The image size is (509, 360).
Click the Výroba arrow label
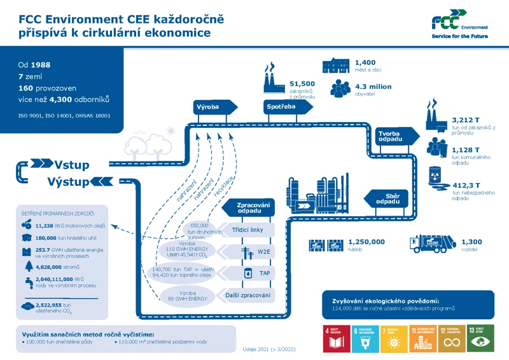point(210,107)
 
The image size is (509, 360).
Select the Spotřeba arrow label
point(281,107)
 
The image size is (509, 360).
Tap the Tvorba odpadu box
point(393,136)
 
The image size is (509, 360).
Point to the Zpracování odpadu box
point(251,208)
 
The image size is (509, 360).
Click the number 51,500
point(302,84)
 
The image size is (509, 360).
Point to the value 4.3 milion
point(373,87)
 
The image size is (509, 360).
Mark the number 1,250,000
point(366,242)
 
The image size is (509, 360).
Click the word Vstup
point(71,165)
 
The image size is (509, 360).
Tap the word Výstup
point(68,183)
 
